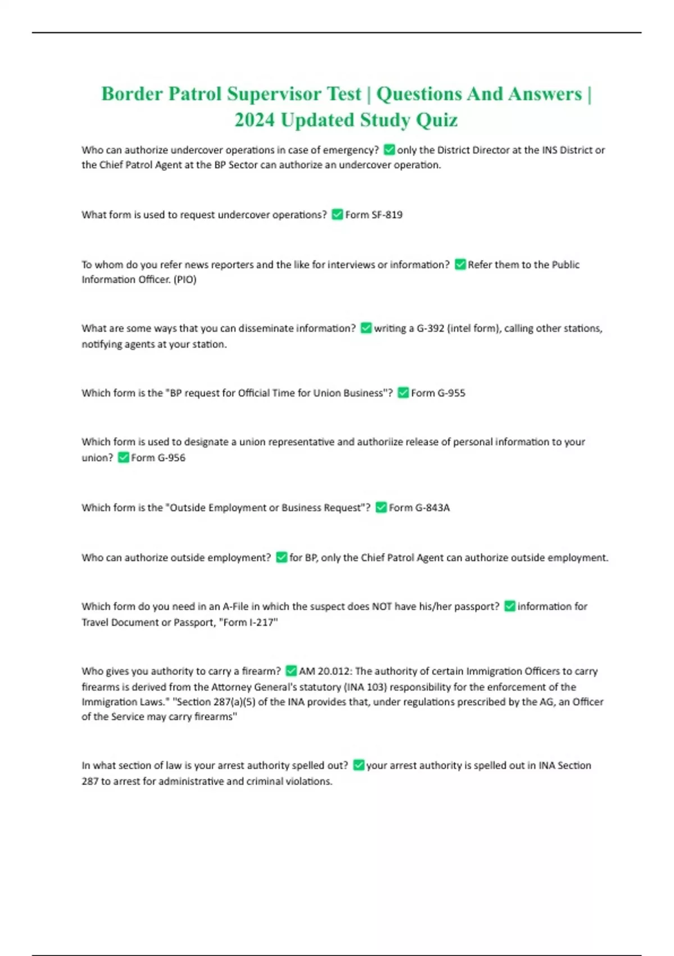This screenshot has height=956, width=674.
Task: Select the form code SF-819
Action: coord(387,215)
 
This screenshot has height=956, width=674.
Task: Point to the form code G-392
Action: coord(430,328)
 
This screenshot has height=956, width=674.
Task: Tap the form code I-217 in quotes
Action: coord(259,622)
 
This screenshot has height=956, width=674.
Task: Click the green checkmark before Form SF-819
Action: coord(337,214)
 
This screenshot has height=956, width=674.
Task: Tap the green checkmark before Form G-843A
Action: coord(381,507)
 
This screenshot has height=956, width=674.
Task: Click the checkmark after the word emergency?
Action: coord(389,150)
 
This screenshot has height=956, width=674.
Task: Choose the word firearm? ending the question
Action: coord(261,671)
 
